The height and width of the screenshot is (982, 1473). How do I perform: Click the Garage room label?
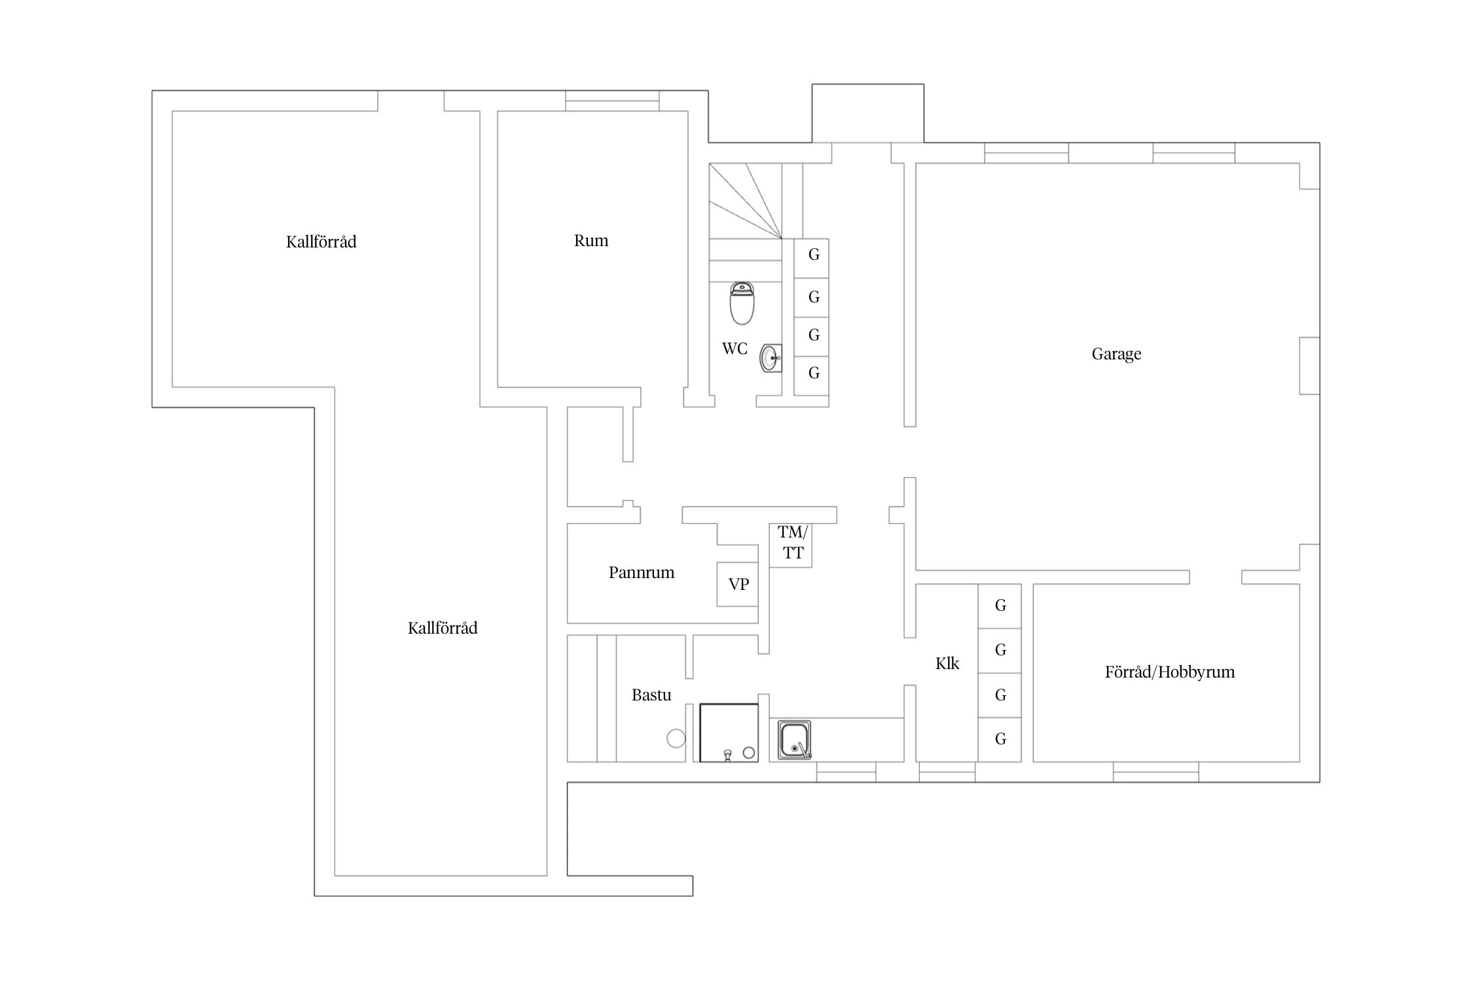1116,354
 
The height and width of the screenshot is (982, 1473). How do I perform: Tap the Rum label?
591,241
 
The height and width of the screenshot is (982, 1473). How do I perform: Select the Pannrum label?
642,573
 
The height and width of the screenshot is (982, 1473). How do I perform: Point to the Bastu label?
651,695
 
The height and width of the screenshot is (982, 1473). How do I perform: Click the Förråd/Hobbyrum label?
1170,672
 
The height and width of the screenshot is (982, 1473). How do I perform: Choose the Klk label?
947,664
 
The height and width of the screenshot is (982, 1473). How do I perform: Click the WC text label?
735,349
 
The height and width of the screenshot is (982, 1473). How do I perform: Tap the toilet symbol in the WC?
742,303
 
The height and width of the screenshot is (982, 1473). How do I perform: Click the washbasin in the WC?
771,358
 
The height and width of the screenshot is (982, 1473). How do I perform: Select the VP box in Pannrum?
738,584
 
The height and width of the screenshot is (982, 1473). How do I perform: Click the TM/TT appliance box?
791,545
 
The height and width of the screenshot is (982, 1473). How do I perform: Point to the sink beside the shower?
795,740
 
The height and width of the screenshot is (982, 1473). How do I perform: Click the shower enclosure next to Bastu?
729,733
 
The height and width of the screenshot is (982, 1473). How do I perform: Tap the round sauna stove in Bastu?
676,738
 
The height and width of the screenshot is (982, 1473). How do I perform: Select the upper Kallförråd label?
321,242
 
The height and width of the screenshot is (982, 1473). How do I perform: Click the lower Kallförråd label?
443,628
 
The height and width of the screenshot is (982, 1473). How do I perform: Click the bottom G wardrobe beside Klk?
1000,740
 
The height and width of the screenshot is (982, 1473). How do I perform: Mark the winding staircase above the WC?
746,201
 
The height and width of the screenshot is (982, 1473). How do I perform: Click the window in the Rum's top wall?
612,101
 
